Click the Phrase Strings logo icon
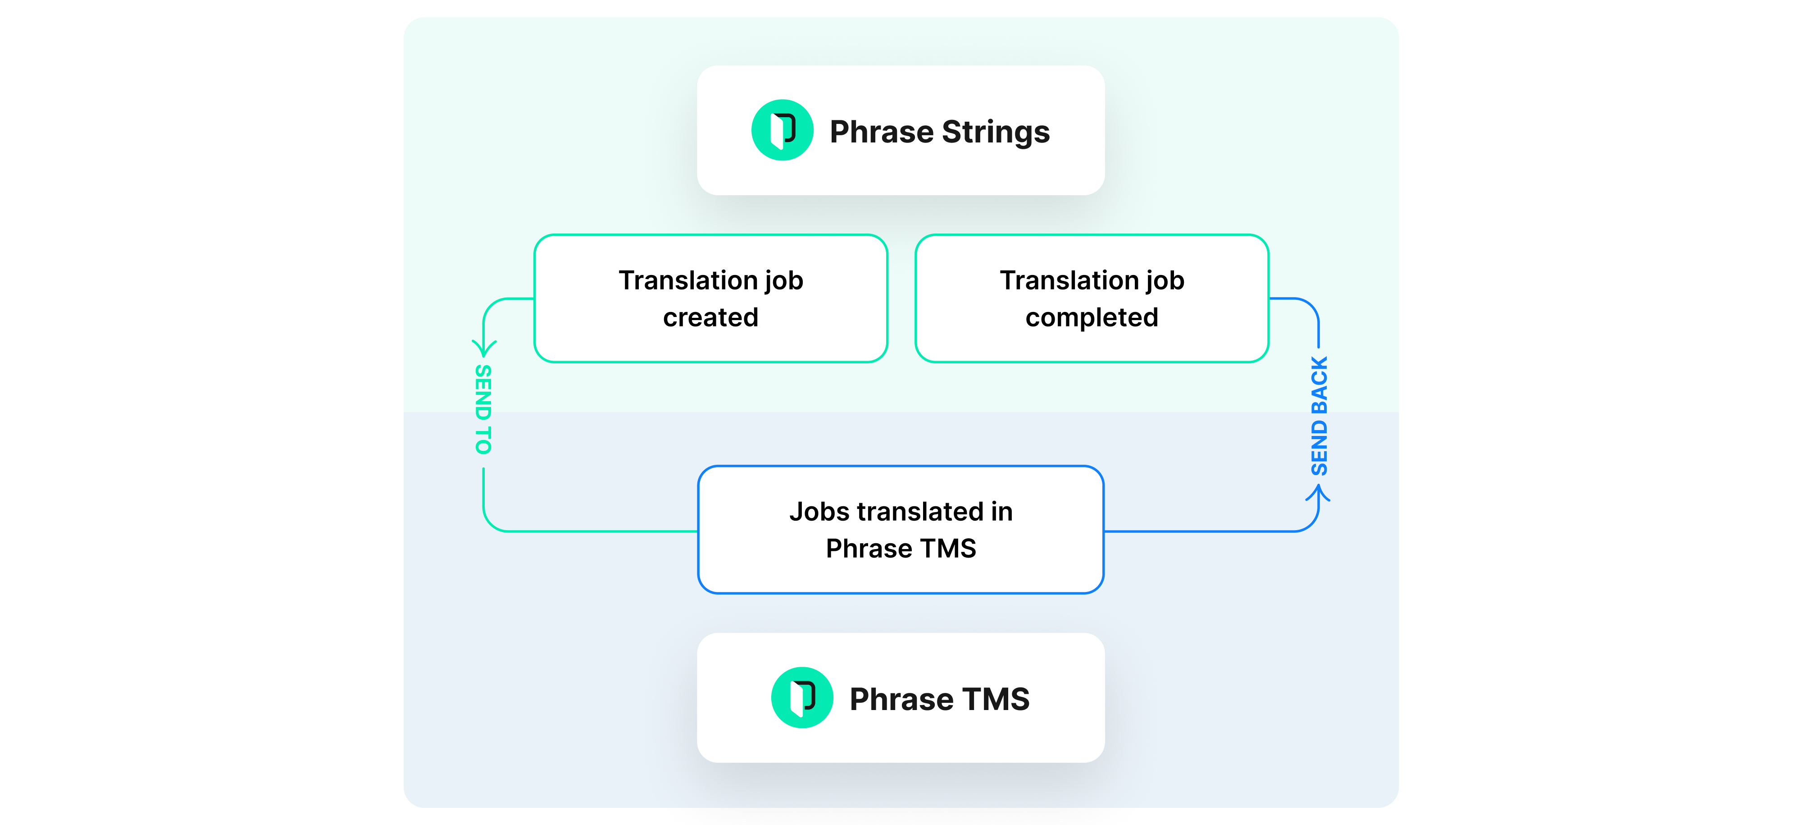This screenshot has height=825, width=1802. [782, 130]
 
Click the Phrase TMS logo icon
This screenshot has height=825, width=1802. [802, 698]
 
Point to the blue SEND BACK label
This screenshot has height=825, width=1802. [1319, 417]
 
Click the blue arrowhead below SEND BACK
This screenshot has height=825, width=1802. [1318, 493]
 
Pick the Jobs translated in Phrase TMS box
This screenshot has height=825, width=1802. [901, 530]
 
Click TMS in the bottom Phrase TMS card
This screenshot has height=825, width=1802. [996, 699]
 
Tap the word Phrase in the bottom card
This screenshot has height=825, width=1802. [902, 699]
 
